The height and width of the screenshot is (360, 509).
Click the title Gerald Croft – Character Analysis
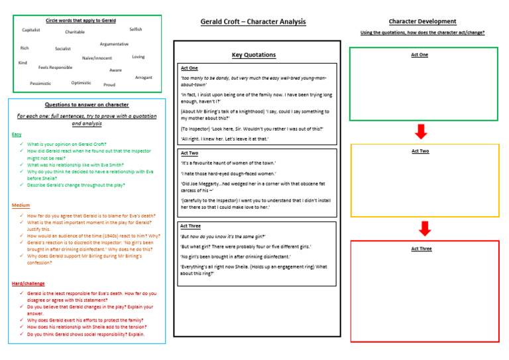point(253,22)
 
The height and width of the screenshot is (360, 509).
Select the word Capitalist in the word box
point(31,30)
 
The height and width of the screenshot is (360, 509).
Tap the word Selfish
point(135,29)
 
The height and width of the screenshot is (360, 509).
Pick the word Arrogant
point(143,78)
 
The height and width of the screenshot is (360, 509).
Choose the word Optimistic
point(82,83)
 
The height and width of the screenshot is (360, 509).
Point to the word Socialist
point(63,48)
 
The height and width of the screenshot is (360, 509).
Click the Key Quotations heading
point(254,55)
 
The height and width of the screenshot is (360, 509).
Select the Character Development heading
point(422,21)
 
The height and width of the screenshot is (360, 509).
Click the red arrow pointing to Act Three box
point(425,229)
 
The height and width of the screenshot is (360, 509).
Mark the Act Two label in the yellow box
point(420,151)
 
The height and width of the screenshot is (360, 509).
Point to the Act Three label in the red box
point(421,249)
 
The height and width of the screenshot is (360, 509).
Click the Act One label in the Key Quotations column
point(190,68)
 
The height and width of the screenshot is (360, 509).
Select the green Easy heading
point(17,135)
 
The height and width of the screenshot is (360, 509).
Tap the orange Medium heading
point(21,206)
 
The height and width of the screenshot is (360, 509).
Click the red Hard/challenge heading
point(28,284)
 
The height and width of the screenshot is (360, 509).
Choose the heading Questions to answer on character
point(87,105)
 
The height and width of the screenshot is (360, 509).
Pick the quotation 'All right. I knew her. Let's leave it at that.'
point(225,139)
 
